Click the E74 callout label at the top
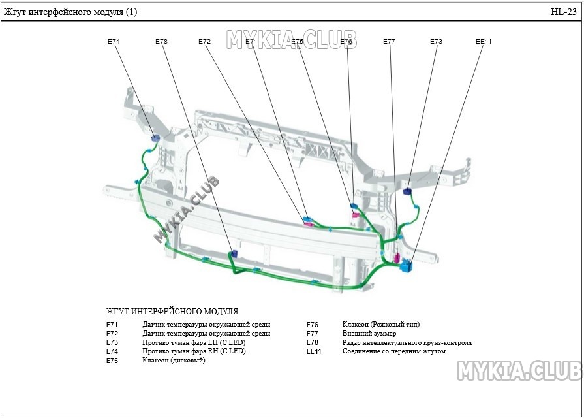coord(114,41)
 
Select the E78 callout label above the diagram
coord(161,41)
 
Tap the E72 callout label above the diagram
coord(205,41)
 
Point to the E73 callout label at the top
coord(436,41)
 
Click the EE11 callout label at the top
coord(484,41)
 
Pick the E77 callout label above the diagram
coord(389,41)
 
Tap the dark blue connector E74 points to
coord(156,137)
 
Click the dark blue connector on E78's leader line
coord(234,253)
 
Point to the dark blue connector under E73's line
coord(407,191)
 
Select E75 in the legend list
coord(112,361)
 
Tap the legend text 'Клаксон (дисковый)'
coord(174,361)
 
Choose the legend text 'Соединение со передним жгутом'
coord(394,351)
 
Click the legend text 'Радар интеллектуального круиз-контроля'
coord(407,342)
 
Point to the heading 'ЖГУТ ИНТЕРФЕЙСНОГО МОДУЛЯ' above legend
coord(172,312)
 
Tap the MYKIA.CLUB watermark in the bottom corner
coord(519,371)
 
